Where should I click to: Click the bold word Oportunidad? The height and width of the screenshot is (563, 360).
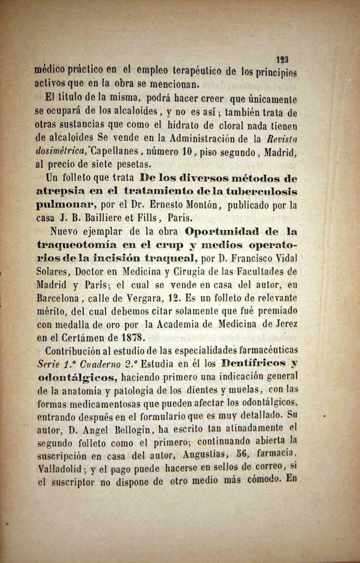(225, 231)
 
